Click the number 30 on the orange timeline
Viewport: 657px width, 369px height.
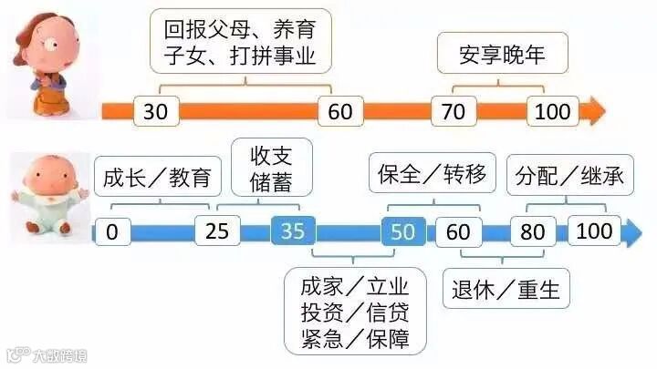coord(156,111)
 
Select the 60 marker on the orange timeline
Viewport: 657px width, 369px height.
coord(340,111)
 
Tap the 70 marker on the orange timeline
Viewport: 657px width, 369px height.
coord(454,111)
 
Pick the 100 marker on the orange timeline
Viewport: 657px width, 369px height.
coord(552,111)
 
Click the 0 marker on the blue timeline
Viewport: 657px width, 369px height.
coord(111,231)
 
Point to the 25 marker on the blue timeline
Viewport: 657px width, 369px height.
coord(217,231)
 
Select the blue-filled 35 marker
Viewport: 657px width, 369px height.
coord(292,231)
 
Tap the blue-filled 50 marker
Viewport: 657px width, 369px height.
coord(402,231)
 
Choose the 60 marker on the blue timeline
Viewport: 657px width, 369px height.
coord(458,231)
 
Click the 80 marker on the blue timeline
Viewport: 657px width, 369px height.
coord(532,231)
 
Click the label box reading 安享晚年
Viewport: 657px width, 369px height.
coord(503,56)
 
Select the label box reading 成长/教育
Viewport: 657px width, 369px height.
coord(159,177)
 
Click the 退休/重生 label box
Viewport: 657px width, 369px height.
coord(506,291)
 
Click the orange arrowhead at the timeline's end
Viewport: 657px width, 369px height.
coord(594,111)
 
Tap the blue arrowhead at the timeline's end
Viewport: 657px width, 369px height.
coord(631,231)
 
